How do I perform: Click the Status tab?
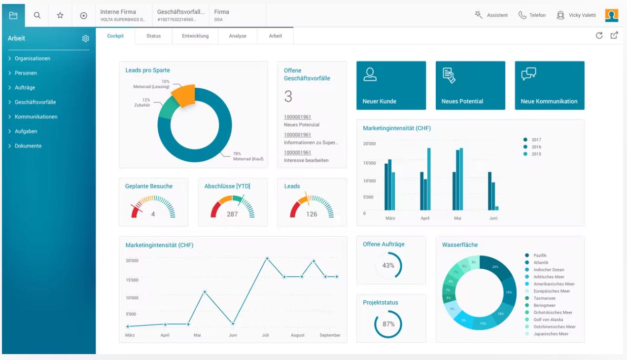153,36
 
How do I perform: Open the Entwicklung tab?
195,36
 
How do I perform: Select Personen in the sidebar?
26,73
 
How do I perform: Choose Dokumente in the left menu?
28,146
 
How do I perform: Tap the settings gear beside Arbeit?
85,38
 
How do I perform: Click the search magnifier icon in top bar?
37,15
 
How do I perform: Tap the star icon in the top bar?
60,15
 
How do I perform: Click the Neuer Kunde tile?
391,85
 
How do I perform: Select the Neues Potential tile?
470,85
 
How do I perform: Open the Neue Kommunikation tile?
550,85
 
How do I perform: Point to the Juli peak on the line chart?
267,258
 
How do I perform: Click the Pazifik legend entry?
540,255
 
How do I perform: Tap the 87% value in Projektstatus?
388,324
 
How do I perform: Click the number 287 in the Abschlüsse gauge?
232,214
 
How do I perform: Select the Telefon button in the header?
532,15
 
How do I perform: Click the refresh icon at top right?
599,36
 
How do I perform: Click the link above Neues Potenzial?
297,117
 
